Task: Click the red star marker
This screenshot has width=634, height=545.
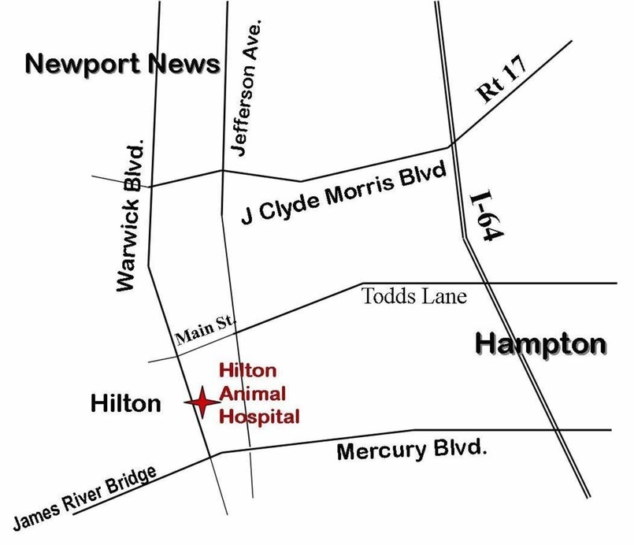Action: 202,402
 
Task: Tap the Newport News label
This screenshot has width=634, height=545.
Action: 122,64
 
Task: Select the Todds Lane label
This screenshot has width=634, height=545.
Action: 414,297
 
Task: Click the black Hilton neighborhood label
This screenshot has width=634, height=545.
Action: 126,404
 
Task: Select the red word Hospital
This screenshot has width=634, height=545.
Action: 259,415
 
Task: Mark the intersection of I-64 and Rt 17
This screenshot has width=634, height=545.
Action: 451,145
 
